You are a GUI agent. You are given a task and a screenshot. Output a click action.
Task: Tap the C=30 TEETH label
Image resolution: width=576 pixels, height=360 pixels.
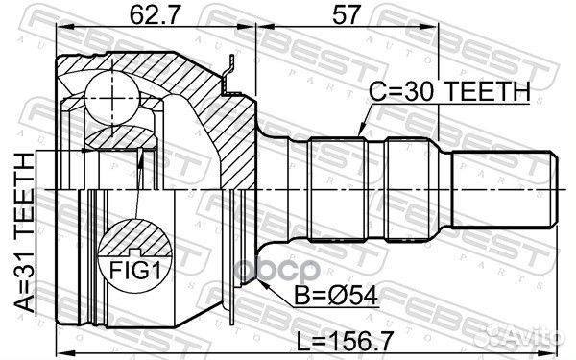(x=449, y=91)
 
